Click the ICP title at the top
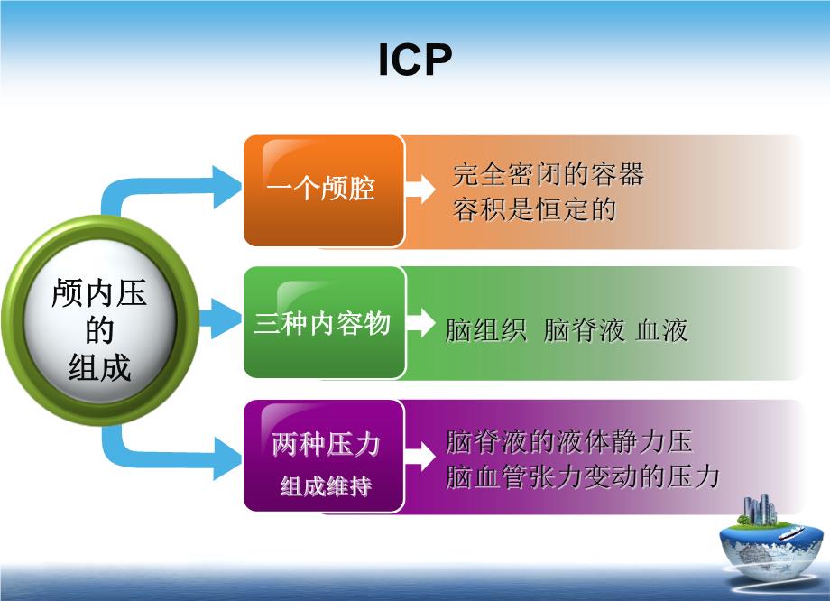point(416,59)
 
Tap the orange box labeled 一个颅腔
point(324,190)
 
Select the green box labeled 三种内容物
point(324,322)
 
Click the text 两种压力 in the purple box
point(326,444)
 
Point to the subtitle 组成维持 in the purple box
point(326,485)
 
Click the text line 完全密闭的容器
point(549,174)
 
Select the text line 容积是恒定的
point(535,208)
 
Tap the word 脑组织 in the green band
point(486,330)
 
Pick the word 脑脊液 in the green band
point(584,330)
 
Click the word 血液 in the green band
point(662,330)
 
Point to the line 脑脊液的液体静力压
point(569,442)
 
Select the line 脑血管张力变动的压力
point(582,476)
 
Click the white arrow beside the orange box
point(420,189)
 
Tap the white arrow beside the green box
point(420,321)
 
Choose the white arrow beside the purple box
point(420,456)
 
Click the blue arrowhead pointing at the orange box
point(226,187)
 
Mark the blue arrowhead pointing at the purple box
point(226,458)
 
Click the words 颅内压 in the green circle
point(99,292)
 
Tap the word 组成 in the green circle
point(99,367)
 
